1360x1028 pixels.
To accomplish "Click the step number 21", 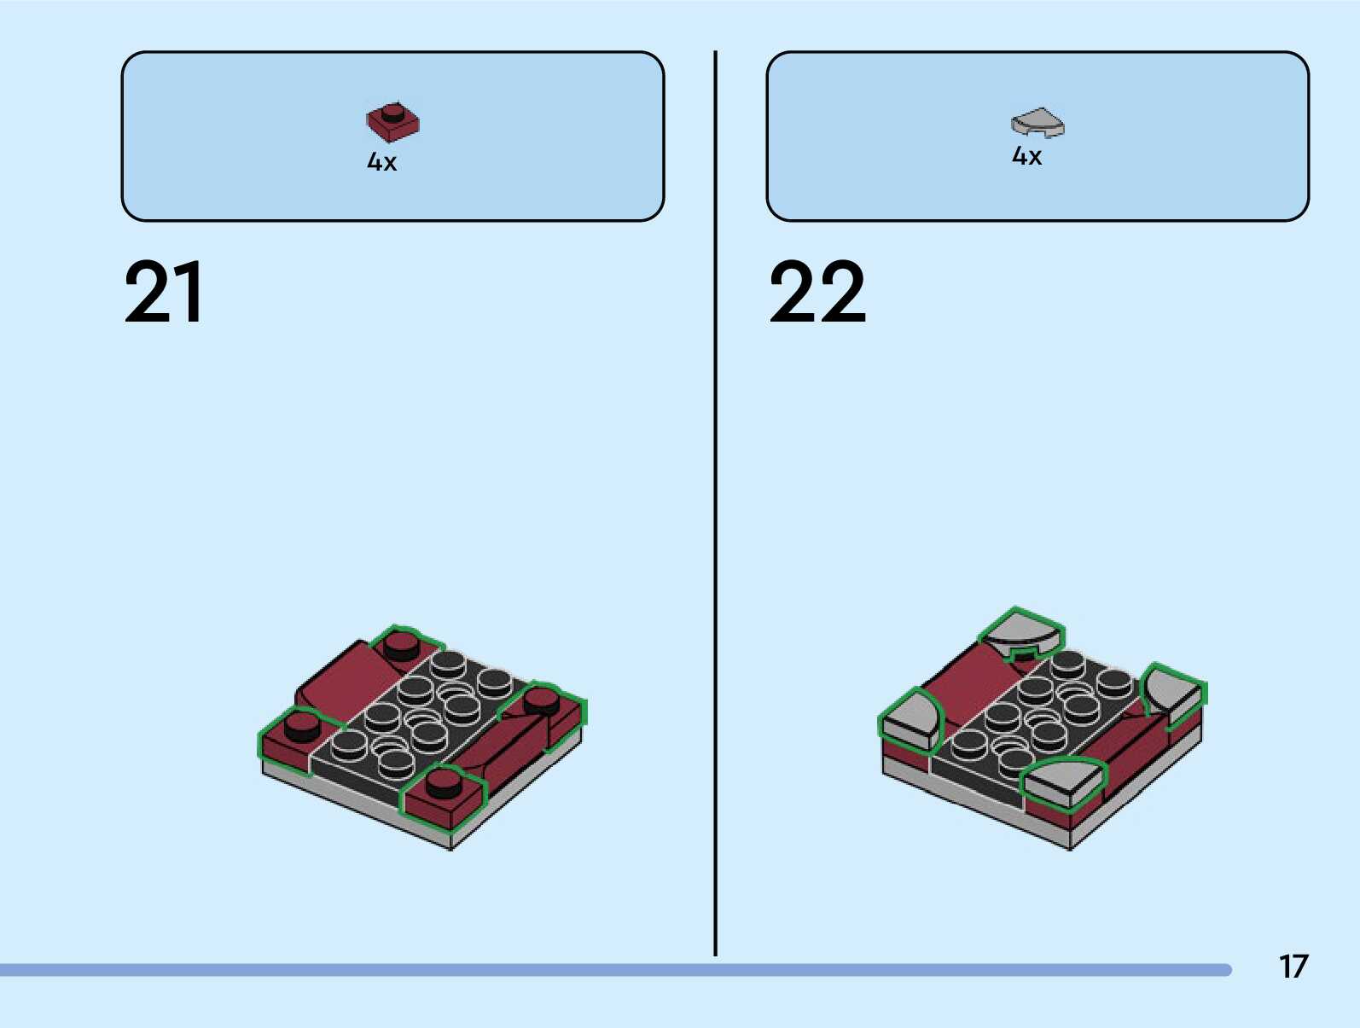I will [x=164, y=293].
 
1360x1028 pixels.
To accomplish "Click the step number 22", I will [x=817, y=293].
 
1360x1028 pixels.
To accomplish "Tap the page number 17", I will [x=1293, y=967].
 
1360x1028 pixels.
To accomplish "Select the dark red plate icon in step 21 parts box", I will [x=392, y=122].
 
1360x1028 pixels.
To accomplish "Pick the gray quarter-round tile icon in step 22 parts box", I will [x=1037, y=122].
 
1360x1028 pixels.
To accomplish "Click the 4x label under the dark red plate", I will [x=381, y=161].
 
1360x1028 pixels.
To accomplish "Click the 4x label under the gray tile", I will [x=1026, y=156].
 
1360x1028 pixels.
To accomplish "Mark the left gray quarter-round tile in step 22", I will [x=910, y=721].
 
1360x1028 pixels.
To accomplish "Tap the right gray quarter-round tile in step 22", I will [x=1173, y=693].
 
